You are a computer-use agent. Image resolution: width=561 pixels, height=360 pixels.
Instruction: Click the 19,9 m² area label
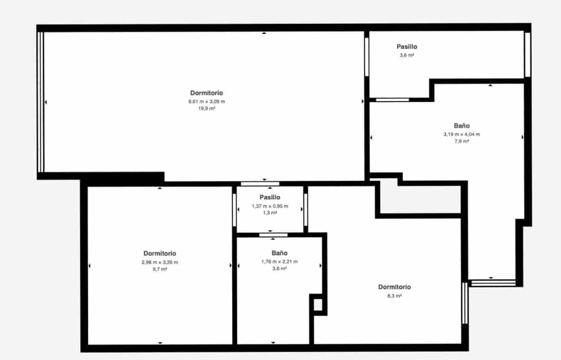207,109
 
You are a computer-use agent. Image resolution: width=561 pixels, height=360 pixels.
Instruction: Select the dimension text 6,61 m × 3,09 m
207,101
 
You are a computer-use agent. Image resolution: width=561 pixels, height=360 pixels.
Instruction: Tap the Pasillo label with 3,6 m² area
407,47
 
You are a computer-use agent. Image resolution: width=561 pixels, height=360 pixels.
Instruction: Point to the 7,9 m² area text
462,141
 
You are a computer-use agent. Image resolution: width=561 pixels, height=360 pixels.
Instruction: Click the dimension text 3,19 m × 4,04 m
462,134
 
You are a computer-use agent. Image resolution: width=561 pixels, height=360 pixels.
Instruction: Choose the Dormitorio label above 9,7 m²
159,253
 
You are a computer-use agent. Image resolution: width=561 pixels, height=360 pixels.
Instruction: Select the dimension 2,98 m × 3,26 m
159,262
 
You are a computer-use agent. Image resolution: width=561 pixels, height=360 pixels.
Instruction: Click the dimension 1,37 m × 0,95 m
270,206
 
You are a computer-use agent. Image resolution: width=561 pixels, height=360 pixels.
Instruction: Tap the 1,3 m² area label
270,213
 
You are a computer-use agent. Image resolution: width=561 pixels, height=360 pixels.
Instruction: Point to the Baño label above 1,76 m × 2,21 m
280,253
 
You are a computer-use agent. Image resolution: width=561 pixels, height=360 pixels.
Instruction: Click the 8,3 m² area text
394,296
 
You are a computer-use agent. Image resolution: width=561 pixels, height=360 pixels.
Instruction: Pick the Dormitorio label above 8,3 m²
394,287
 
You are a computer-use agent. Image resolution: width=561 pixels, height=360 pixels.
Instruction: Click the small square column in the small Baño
317,305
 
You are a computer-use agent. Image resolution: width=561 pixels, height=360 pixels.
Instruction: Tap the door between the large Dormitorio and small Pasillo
260,184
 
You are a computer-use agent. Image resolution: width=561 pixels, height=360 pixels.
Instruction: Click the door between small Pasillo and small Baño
270,235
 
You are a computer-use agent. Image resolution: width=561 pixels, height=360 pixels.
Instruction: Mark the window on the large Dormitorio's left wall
41,102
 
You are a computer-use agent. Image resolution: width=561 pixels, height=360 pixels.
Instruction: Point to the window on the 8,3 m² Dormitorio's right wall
465,303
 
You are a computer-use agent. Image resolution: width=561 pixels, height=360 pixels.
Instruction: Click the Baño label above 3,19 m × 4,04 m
462,126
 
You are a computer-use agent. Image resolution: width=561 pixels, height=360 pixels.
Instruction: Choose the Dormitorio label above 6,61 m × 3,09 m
207,93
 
